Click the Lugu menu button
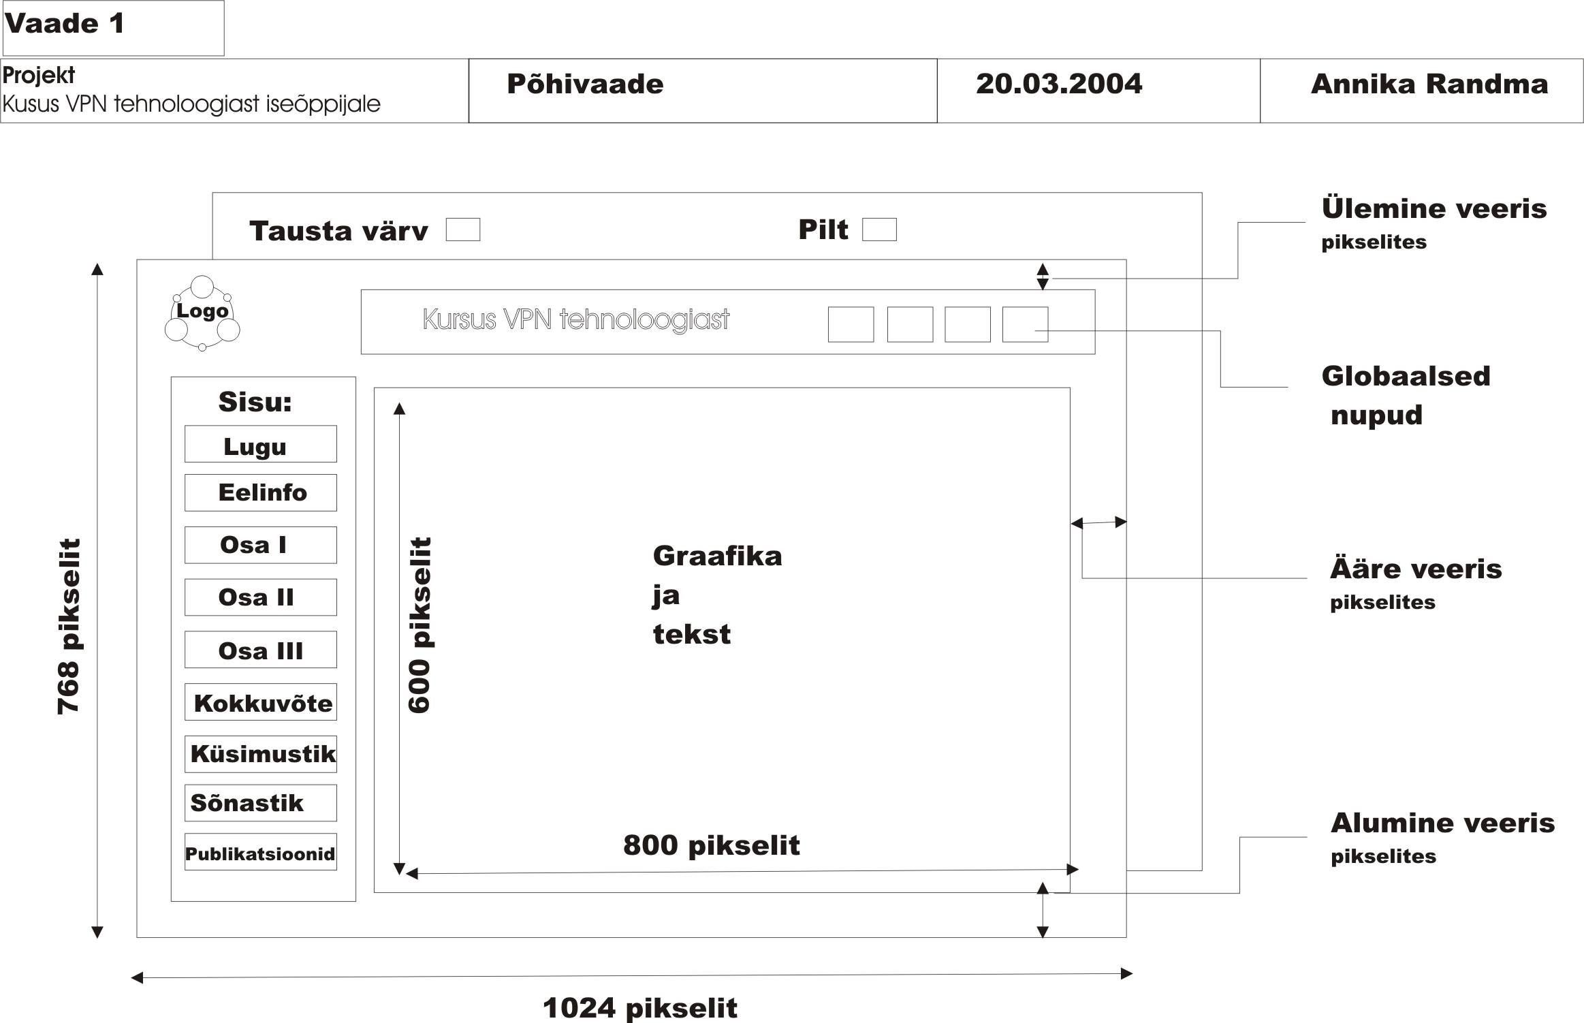260,445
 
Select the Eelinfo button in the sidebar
260,492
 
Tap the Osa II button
260,597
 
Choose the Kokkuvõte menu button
260,702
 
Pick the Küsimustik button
260,754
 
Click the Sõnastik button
260,803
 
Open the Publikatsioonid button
260,853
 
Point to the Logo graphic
202,313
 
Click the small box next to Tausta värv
463,230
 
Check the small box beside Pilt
879,230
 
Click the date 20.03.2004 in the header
1058,84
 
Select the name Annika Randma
1429,84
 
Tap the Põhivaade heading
585,84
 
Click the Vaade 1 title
65,25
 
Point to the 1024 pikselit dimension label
639,1007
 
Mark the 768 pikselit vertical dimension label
69,627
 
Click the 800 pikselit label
711,845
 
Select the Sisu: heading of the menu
255,402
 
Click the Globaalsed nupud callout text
1405,395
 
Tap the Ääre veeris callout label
1415,569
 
